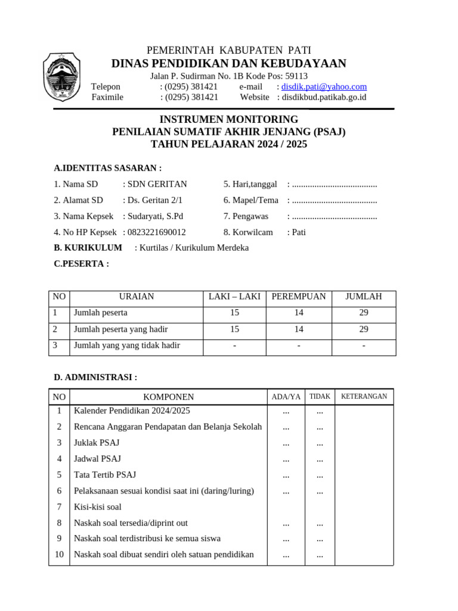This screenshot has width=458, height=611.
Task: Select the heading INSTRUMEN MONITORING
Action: pos(229,119)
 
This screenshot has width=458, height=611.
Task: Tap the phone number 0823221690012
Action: pos(157,232)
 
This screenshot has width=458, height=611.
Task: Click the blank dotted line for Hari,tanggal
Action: pos(335,184)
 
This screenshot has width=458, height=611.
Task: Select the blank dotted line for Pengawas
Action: pos(335,216)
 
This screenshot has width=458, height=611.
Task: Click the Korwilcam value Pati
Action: pos(299,232)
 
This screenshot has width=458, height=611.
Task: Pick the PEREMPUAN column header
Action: pos(299,297)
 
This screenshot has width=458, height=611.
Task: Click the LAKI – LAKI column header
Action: pos(234,297)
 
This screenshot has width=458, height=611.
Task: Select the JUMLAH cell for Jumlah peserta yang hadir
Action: pos(364,329)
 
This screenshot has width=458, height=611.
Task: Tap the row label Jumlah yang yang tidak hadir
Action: pos(126,345)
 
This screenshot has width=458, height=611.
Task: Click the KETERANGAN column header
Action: pos(364,396)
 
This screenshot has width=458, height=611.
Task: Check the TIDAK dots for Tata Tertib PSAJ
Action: pos(320,475)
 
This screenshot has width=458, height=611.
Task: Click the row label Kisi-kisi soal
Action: pos(98,507)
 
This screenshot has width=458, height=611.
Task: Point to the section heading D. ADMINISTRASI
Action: pos(95,377)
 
